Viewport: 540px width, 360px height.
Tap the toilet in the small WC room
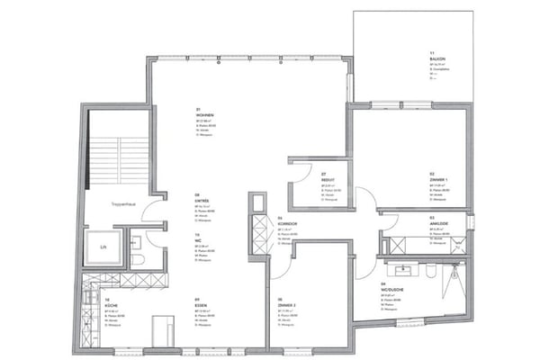(x=138, y=258)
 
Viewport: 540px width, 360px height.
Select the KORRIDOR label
(x=288, y=224)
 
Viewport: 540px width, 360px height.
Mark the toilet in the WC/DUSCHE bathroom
(x=433, y=271)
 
